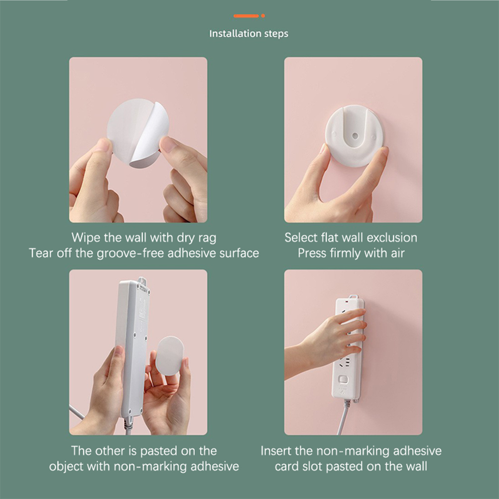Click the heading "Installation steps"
tap(249, 34)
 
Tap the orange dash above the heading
tap(246, 16)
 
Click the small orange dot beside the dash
tap(263, 16)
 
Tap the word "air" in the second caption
tap(397, 253)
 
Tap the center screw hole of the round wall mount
tap(355, 136)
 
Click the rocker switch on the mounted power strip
tap(343, 379)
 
